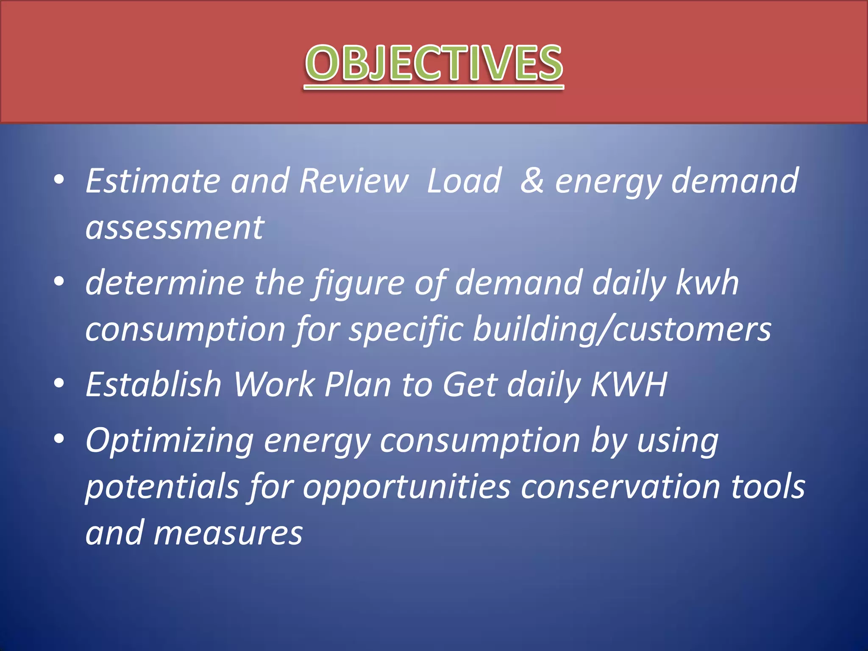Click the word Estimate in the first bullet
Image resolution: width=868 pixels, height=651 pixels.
click(x=153, y=181)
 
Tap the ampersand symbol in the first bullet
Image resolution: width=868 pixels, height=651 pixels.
click(x=532, y=181)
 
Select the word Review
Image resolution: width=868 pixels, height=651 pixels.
click(x=353, y=181)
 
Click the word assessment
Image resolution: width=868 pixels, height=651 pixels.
click(x=175, y=228)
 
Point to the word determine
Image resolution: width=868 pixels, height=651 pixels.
click(x=164, y=283)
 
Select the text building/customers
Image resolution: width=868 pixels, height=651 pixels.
click(x=622, y=330)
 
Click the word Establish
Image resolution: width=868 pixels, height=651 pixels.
click(x=153, y=385)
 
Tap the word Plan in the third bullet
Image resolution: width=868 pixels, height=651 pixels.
click(x=357, y=385)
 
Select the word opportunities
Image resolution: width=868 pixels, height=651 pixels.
click(x=406, y=487)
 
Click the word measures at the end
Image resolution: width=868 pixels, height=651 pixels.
click(x=228, y=533)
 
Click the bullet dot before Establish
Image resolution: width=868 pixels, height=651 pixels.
click(x=59, y=383)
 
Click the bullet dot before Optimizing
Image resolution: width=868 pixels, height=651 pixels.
click(x=59, y=439)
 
